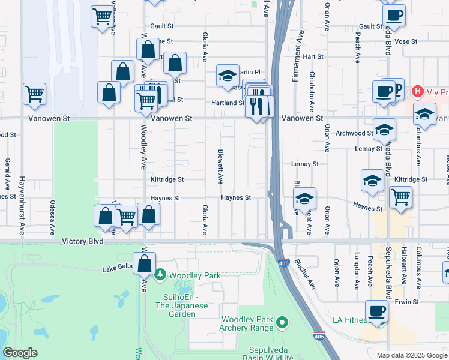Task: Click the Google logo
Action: click(20, 353)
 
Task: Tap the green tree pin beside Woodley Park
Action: click(160, 275)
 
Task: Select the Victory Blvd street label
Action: click(83, 241)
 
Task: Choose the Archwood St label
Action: click(354, 133)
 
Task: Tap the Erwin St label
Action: click(406, 301)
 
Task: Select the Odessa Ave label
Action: click(53, 217)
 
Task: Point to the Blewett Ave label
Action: click(221, 166)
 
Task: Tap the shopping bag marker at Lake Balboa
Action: click(145, 264)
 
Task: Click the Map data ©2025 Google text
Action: click(412, 355)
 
